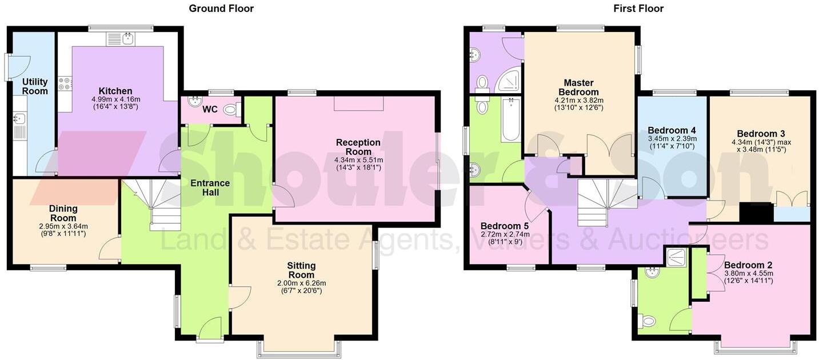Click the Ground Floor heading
pyautogui.click(x=221, y=9)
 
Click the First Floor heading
pyautogui.click(x=638, y=9)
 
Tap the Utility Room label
pyautogui.click(x=34, y=86)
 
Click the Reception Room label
pyautogui.click(x=358, y=147)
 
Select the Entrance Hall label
pyautogui.click(x=211, y=187)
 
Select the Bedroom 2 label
pyautogui.click(x=748, y=265)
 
